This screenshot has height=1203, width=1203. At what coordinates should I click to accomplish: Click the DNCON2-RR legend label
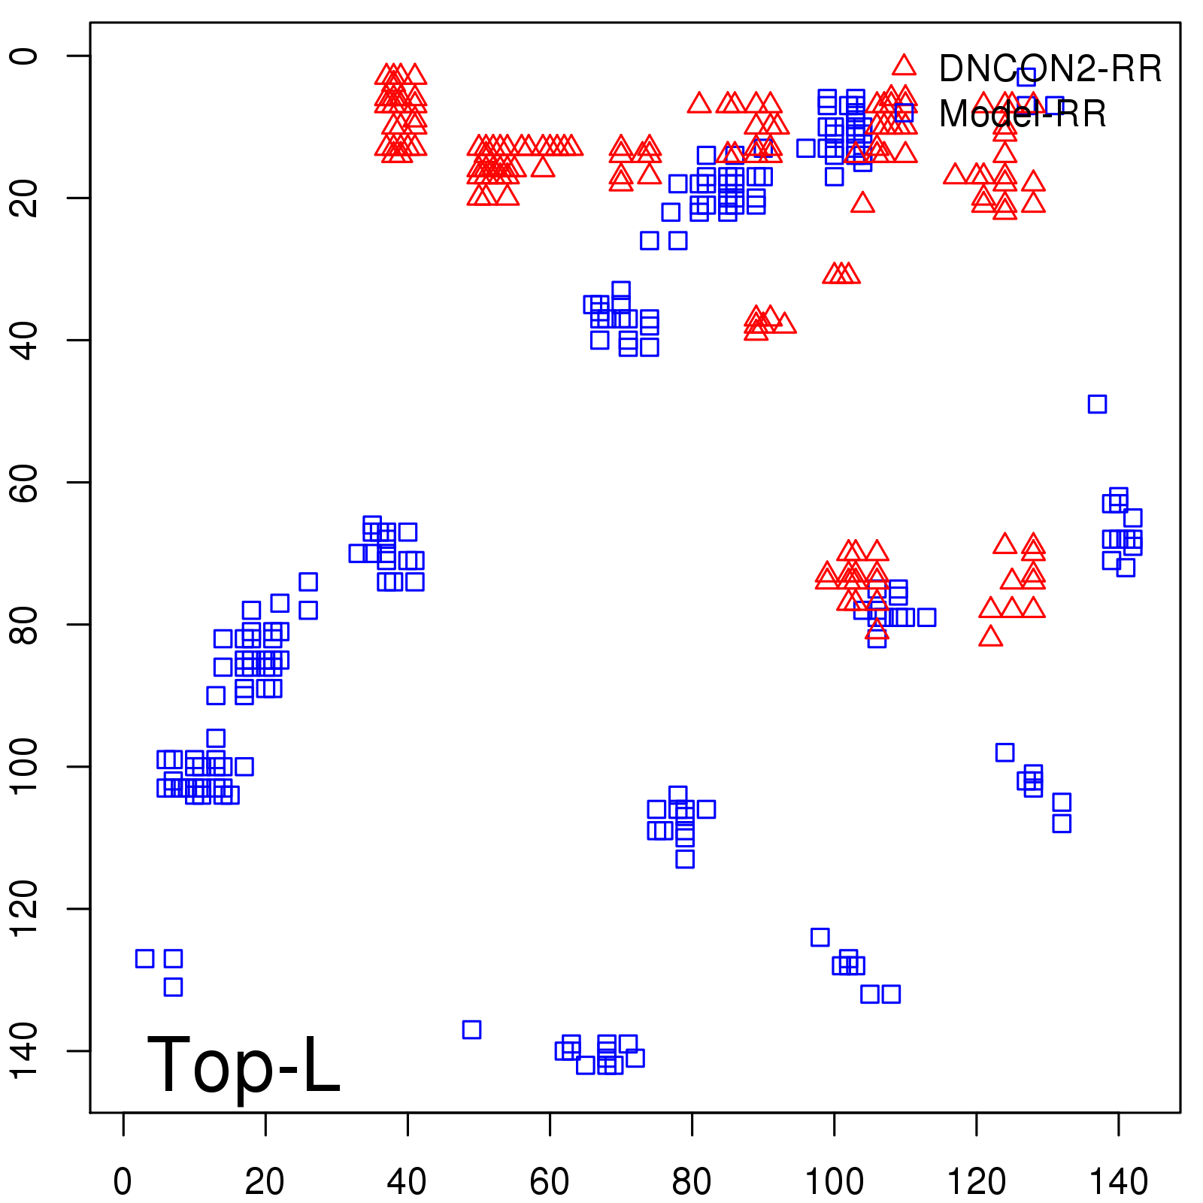1050,69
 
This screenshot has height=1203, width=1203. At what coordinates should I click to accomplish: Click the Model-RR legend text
1023,114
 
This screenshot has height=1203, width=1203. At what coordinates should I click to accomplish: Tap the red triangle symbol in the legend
905,65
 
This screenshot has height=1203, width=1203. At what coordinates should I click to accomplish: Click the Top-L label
243,1065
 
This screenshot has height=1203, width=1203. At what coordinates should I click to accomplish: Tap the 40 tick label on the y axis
26,340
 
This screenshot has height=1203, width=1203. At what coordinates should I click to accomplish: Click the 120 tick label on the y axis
26,908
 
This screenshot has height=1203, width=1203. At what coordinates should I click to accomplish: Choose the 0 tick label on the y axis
26,56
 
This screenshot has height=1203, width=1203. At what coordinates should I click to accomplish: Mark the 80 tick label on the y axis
26,624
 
